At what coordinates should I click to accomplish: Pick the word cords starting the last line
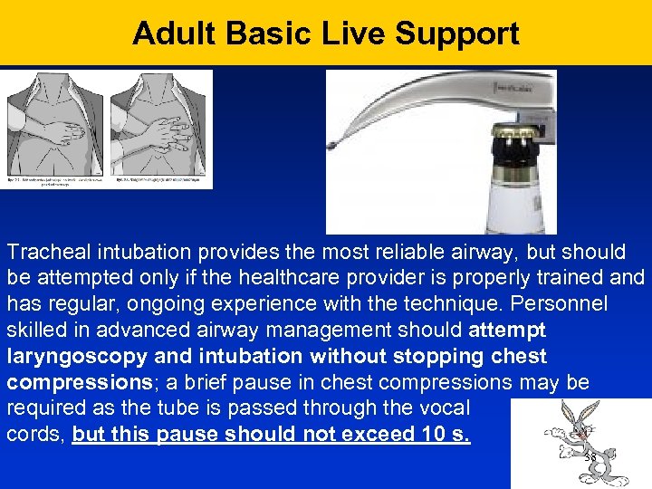[35, 434]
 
